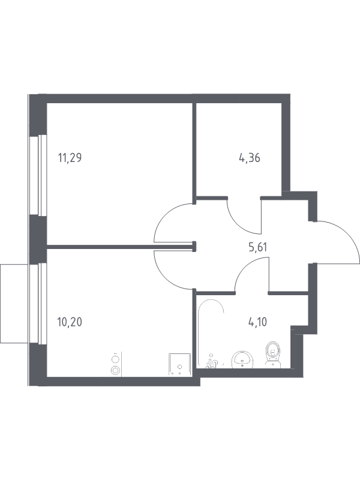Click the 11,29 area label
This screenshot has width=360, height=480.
coord(70,158)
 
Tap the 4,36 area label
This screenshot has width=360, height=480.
coord(250,158)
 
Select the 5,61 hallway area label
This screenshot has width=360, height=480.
coord(258,247)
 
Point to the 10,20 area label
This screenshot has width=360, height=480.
coord(70,322)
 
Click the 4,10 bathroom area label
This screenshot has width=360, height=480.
coord(257,322)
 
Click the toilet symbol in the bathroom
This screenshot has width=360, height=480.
coord(273,355)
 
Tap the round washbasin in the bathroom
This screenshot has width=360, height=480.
coord(242,360)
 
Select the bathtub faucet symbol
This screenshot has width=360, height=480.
coord(212,362)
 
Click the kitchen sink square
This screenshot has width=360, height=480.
coord(179,365)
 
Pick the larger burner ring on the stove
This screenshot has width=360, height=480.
coord(115,370)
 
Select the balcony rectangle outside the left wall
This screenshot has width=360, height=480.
coord(14,304)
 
